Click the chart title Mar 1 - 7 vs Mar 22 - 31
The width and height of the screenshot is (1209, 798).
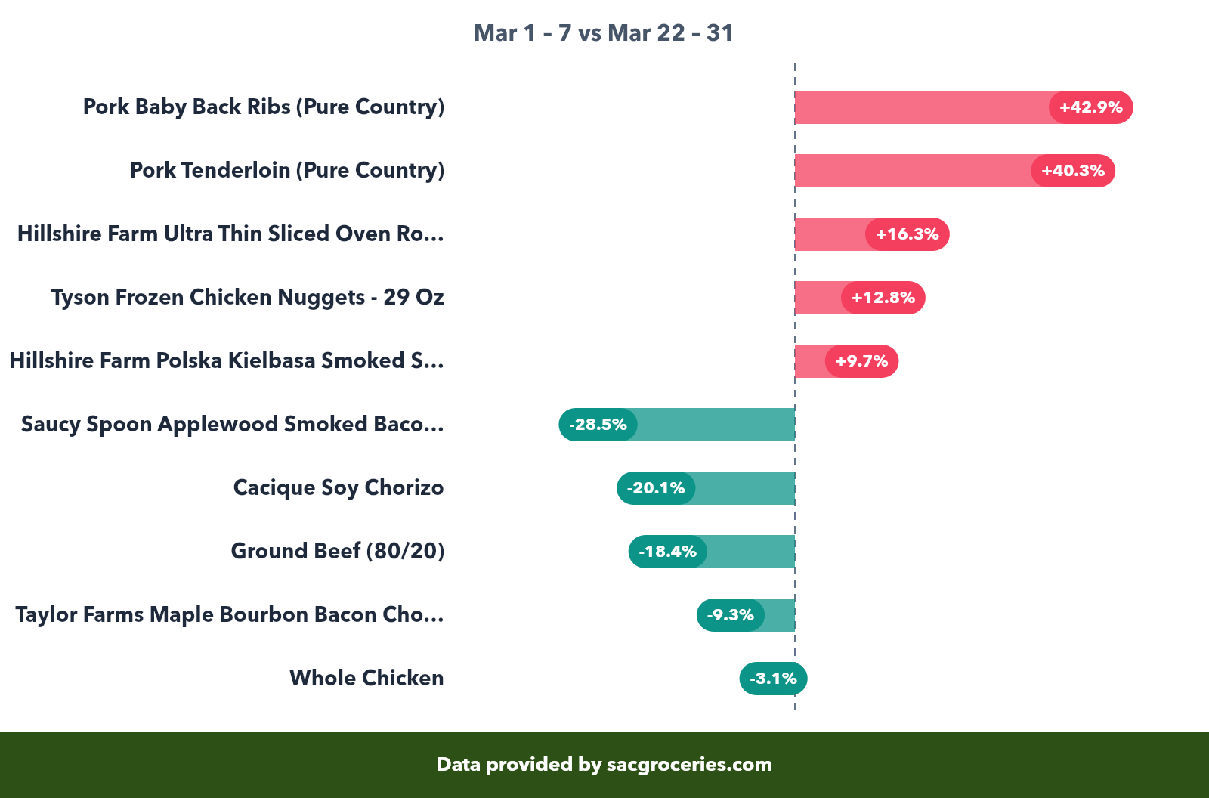603,33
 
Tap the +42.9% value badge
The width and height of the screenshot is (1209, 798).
1090,107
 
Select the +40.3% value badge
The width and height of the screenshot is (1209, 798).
1073,171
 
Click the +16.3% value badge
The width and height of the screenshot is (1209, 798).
907,234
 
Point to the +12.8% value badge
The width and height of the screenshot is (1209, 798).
883,298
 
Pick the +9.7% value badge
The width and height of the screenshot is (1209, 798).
861,361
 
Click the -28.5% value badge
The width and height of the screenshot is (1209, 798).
598,425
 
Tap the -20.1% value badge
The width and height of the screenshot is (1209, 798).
656,488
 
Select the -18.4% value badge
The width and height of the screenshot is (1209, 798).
668,552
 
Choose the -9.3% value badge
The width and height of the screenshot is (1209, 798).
731,615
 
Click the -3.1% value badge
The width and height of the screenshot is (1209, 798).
773,679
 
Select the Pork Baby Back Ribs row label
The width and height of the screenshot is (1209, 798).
264,107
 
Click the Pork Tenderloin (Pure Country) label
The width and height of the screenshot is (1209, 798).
287,171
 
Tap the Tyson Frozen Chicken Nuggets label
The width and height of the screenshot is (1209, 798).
248,298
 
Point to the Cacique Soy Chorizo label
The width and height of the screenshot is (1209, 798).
339,488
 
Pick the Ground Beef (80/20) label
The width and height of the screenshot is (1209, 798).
338,552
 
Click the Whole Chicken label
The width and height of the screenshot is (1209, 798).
366,679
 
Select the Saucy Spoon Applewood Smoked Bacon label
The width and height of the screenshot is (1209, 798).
233,425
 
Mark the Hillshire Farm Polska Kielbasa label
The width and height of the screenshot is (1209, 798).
227,361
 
